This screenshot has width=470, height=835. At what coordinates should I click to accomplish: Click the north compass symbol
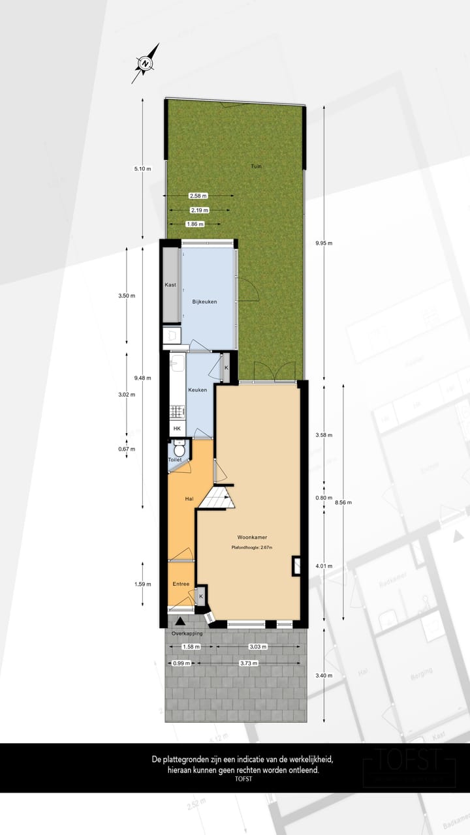point(146,63)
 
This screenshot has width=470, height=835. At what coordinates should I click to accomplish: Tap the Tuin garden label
point(257,167)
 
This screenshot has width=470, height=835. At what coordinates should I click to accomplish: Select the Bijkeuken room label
point(204,302)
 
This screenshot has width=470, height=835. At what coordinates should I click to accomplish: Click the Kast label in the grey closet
point(170,285)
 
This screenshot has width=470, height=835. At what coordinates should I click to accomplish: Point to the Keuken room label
point(197,390)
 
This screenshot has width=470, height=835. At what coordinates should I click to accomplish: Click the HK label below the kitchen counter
point(176,429)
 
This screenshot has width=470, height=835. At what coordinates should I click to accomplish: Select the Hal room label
point(189,499)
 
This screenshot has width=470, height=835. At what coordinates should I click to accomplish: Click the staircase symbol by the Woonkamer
point(217,500)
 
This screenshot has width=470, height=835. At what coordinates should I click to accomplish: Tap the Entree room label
point(181,584)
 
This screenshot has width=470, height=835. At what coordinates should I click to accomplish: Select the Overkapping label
point(187,634)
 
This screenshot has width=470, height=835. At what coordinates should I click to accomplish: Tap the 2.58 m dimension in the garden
point(198,196)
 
